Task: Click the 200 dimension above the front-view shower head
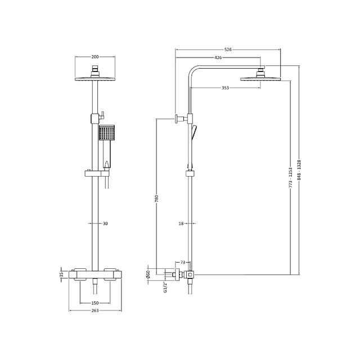point(94,57)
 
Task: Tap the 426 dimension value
point(218,58)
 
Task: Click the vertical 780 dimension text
point(157,199)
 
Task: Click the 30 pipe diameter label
point(105,223)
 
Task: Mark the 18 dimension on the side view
point(181,223)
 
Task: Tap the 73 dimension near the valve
point(183,263)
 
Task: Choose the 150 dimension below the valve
point(94,303)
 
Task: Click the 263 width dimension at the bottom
point(94,310)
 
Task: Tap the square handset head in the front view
point(106,133)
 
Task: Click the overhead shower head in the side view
point(260,78)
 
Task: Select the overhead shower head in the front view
point(94,78)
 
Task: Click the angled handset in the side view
point(195,133)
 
